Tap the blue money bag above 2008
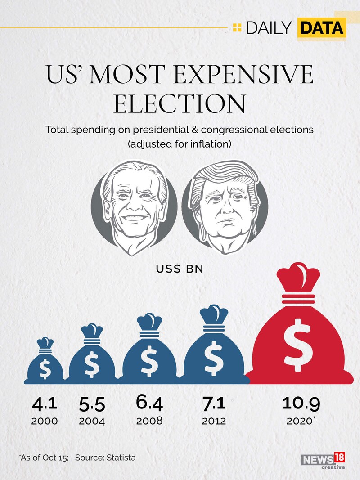[x=149, y=355]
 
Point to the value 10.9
[x=301, y=403]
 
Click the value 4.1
[x=45, y=403]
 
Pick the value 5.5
[x=92, y=404]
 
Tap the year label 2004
[x=92, y=422]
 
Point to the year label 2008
[x=149, y=422]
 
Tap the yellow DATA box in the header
[x=321, y=28]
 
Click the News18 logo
[x=323, y=460]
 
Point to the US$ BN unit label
[x=180, y=269]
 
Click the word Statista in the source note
[x=120, y=458]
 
